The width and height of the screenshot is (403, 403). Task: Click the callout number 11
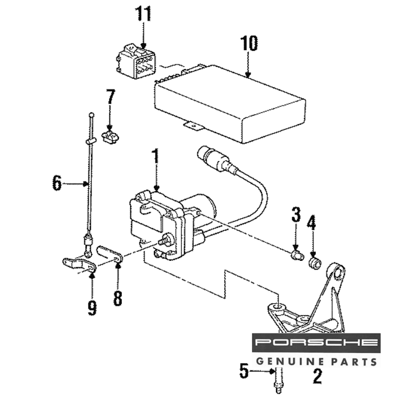point(143,14)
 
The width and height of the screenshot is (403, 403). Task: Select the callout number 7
point(110,97)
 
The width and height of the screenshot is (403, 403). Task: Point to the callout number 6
point(57,183)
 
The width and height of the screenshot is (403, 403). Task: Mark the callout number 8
point(118,298)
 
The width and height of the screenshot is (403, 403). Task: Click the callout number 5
point(244,371)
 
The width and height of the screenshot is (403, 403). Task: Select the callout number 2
point(318,376)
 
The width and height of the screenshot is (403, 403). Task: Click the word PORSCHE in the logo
point(316,343)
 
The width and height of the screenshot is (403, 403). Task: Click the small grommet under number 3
point(297,255)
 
